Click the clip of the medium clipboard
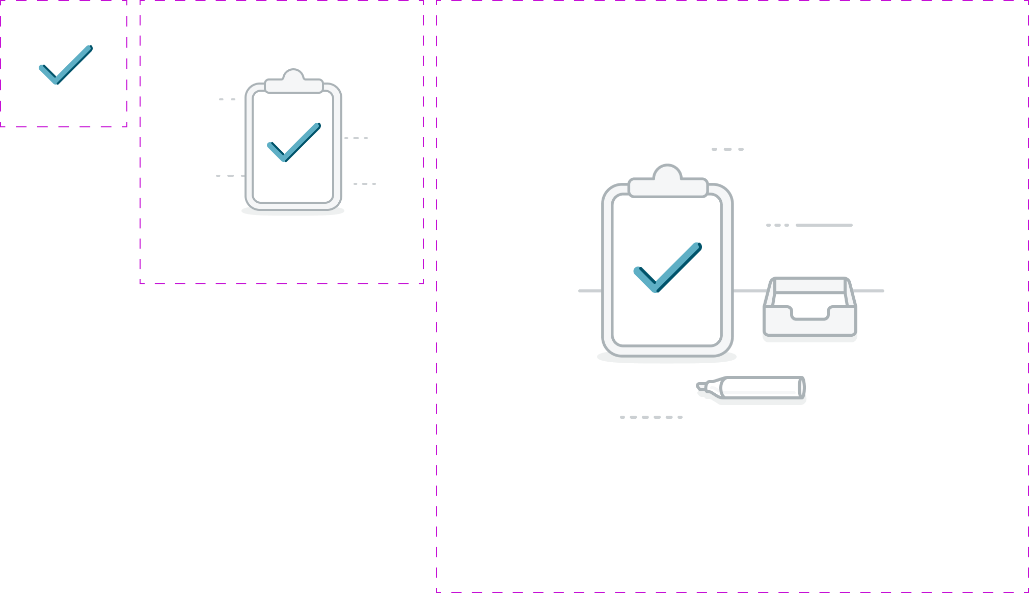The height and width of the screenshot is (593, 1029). point(293,82)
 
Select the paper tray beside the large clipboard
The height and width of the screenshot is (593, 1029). point(810,311)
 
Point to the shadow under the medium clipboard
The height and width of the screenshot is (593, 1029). point(293,211)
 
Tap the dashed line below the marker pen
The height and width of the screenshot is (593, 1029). point(651,417)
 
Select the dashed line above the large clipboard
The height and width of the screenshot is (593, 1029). point(727,149)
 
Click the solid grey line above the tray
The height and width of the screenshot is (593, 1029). point(824,225)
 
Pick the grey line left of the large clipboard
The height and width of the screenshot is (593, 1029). point(590,291)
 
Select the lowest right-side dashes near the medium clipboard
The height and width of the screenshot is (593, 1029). point(365,184)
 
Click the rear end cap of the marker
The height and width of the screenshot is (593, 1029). point(802,388)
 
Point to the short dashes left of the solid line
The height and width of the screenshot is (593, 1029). point(777,225)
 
